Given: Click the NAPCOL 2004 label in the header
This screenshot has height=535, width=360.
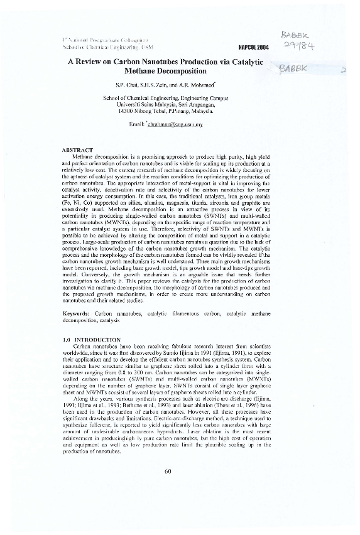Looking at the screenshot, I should click(253, 47).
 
